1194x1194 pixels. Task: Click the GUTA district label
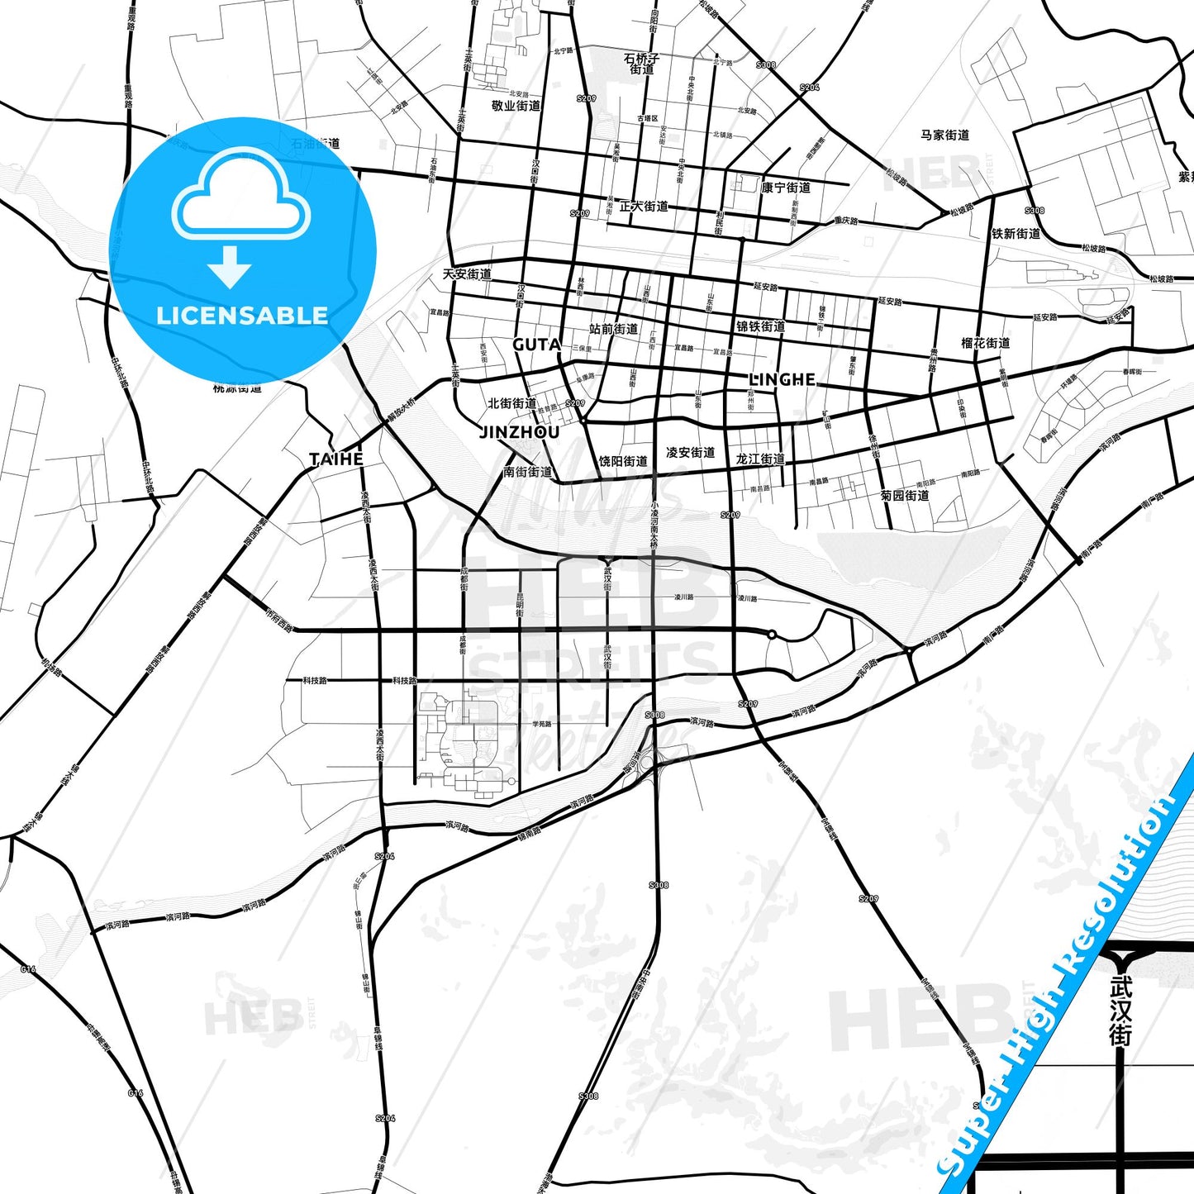point(536,345)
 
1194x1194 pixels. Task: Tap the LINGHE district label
point(782,379)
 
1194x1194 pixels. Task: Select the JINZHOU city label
point(520,431)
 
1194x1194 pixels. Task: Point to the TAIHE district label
point(336,459)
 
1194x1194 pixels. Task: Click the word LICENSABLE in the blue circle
point(242,316)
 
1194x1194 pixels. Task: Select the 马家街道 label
point(944,135)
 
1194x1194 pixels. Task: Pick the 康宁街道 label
point(786,188)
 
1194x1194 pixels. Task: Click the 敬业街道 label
point(516,106)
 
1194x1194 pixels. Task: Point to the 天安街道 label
point(467,274)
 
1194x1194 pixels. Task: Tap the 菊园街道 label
point(905,496)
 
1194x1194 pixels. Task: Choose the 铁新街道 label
point(1016,234)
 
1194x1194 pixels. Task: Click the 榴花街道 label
point(985,343)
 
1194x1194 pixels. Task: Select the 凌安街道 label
point(690,453)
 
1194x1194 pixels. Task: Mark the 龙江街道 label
point(760,459)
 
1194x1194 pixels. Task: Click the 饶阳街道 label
point(623,461)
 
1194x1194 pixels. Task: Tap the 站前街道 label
point(613,329)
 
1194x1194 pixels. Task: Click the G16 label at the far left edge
point(28,968)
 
